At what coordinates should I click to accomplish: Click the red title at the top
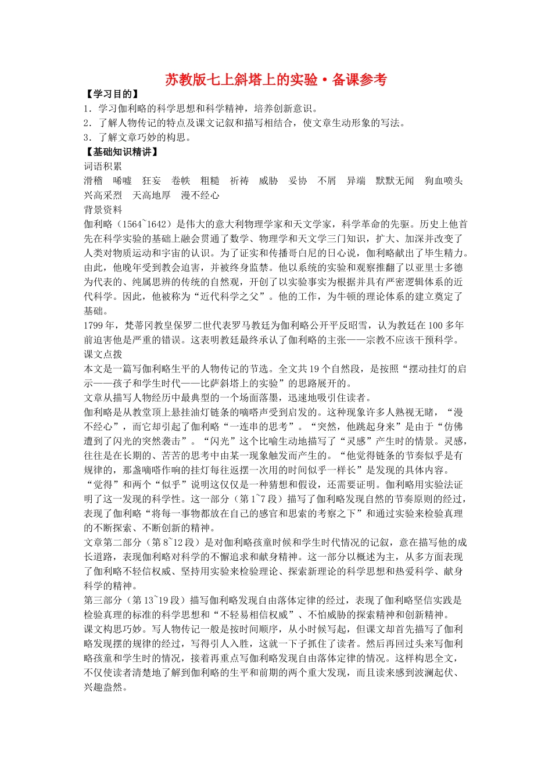275,80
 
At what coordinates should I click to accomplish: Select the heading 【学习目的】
113,94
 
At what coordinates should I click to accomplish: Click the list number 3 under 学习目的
87,138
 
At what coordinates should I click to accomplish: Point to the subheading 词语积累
103,167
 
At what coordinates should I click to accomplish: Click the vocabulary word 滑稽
94,181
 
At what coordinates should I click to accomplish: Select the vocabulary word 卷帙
181,181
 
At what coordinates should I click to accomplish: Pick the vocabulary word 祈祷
239,181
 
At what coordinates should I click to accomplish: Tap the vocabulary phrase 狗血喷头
443,181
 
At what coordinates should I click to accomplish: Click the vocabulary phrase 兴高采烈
103,196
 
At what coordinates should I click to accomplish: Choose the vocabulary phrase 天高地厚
152,196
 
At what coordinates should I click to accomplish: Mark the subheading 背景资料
103,210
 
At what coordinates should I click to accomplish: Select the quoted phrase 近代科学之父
225,297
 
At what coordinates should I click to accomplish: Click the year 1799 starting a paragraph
94,325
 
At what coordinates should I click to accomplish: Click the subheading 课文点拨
103,354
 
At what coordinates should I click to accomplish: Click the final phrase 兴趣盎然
103,687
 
